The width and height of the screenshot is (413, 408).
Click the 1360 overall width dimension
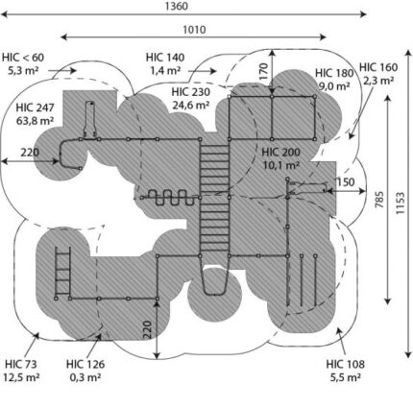pos(177,6)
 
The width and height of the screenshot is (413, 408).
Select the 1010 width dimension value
pos(194,30)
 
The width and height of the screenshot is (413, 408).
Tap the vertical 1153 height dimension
pos(400,204)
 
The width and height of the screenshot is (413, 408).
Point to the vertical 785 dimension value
pos(379,200)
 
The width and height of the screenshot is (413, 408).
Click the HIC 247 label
pos(36,108)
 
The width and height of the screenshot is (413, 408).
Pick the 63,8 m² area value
pos(36,121)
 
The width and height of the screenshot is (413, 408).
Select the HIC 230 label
pos(191,92)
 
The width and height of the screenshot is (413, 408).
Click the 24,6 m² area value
pos(191,105)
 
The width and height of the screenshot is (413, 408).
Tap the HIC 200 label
pos(281,153)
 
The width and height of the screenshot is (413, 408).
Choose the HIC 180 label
pos(334,73)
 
